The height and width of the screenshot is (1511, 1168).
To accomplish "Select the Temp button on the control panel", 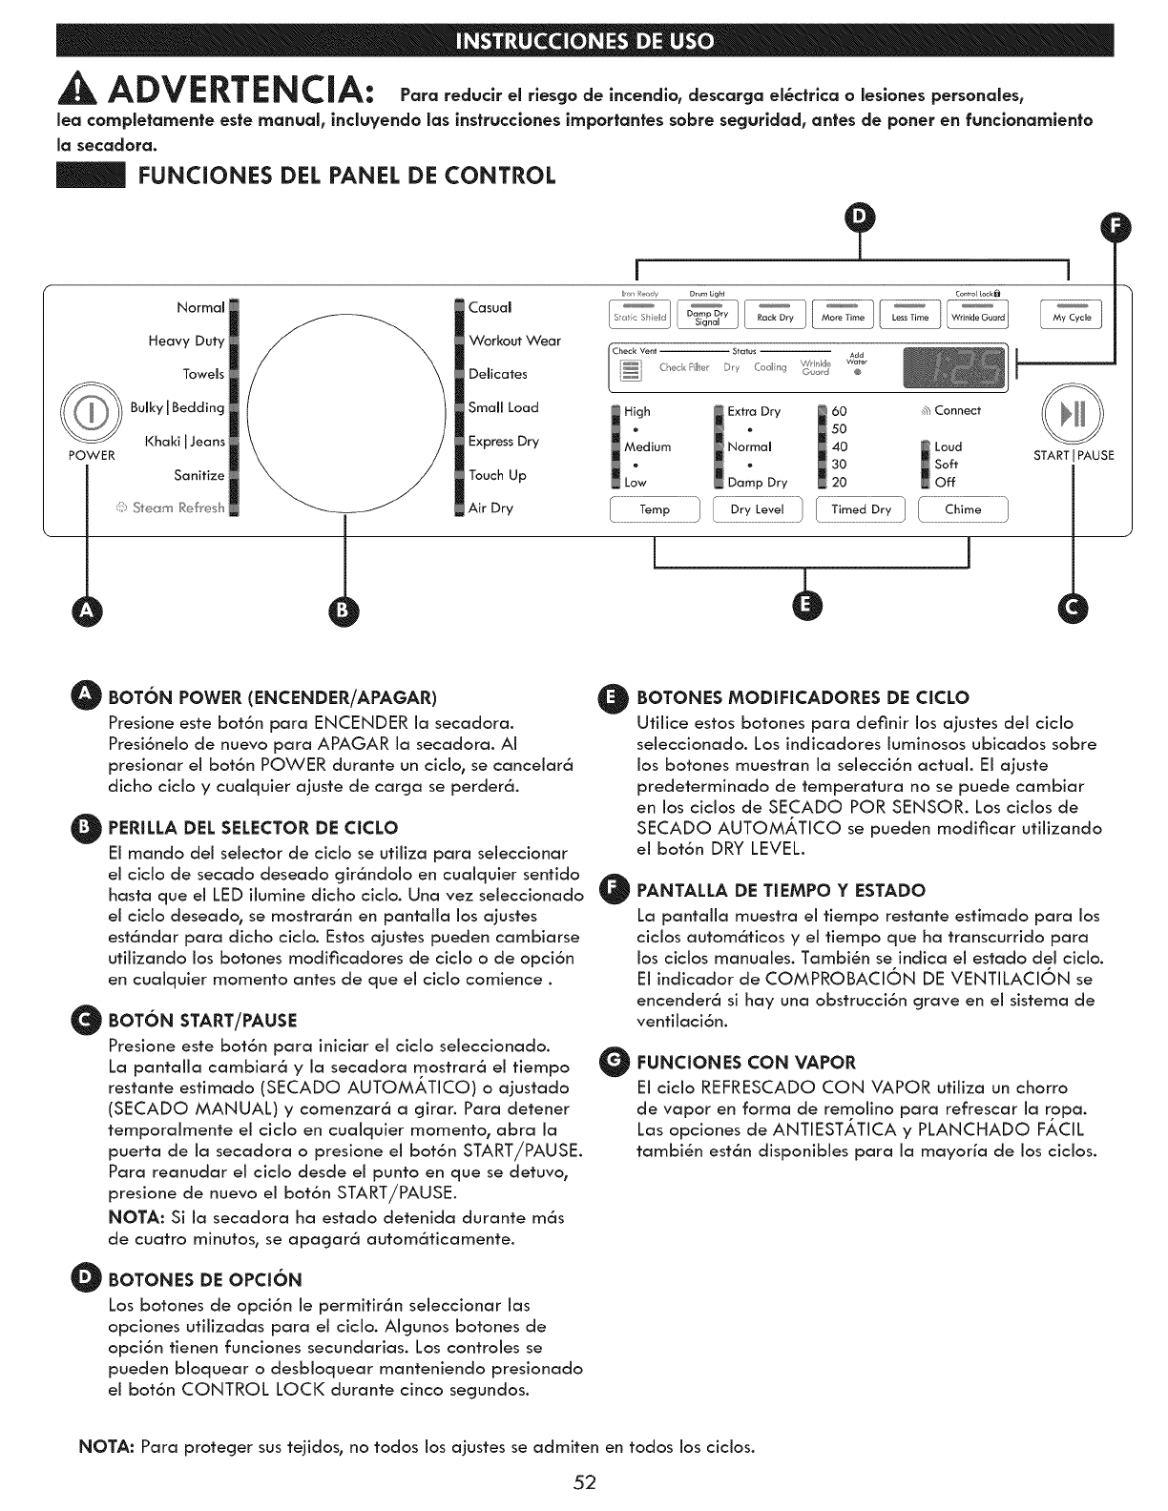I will (655, 509).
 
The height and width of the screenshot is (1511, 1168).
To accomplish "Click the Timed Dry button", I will (861, 509).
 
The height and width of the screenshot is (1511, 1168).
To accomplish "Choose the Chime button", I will (963, 509).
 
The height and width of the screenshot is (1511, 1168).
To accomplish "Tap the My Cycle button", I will (1072, 315).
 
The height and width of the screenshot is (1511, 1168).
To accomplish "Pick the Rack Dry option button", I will (775, 315).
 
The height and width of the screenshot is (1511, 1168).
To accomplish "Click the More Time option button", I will (843, 315).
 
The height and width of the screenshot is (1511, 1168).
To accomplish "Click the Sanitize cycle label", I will (198, 475).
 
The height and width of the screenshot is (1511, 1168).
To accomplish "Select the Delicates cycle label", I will (498, 374).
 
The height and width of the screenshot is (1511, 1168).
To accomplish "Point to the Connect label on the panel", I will (957, 411).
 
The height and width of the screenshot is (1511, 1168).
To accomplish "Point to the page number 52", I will (585, 1481).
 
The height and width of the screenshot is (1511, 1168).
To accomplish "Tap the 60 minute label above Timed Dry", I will (840, 411).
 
